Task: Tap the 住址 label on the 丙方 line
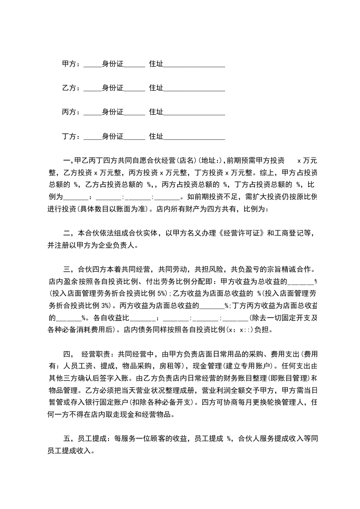pos(156,112)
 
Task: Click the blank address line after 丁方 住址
pos(194,136)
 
